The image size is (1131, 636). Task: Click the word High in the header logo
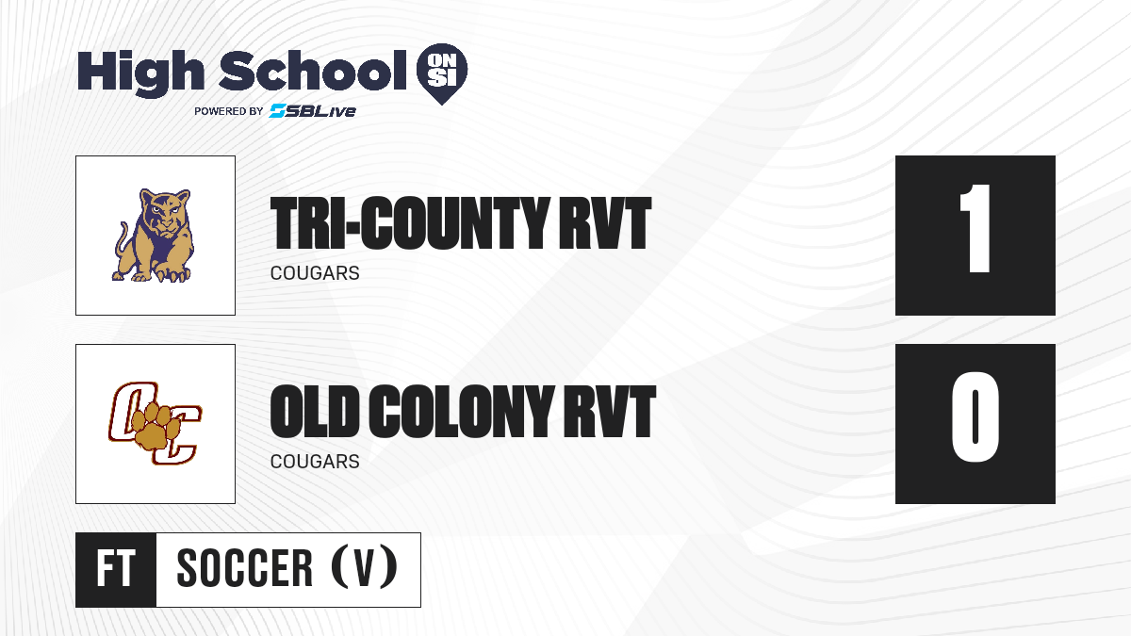pyautogui.click(x=140, y=73)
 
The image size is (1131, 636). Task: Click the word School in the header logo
pyautogui.click(x=313, y=70)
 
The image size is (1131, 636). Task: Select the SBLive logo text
pyautogui.click(x=313, y=111)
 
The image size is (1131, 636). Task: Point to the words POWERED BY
pyautogui.click(x=229, y=111)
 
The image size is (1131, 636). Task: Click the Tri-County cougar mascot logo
pyautogui.click(x=154, y=236)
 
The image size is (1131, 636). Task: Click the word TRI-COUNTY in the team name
pyautogui.click(x=409, y=223)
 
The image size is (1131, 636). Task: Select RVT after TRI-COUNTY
pyautogui.click(x=605, y=223)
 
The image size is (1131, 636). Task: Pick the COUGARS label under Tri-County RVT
pyautogui.click(x=315, y=273)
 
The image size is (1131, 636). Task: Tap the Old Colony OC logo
pyautogui.click(x=155, y=423)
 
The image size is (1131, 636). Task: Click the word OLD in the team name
pyautogui.click(x=314, y=412)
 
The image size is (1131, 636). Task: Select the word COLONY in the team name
pyautogui.click(x=461, y=412)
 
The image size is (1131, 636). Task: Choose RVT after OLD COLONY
pyautogui.click(x=610, y=412)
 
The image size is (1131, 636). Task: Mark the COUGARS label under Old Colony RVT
pyautogui.click(x=315, y=462)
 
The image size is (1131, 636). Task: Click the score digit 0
pyautogui.click(x=975, y=416)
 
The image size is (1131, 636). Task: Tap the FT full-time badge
pyautogui.click(x=116, y=569)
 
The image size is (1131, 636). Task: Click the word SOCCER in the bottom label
pyautogui.click(x=245, y=568)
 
